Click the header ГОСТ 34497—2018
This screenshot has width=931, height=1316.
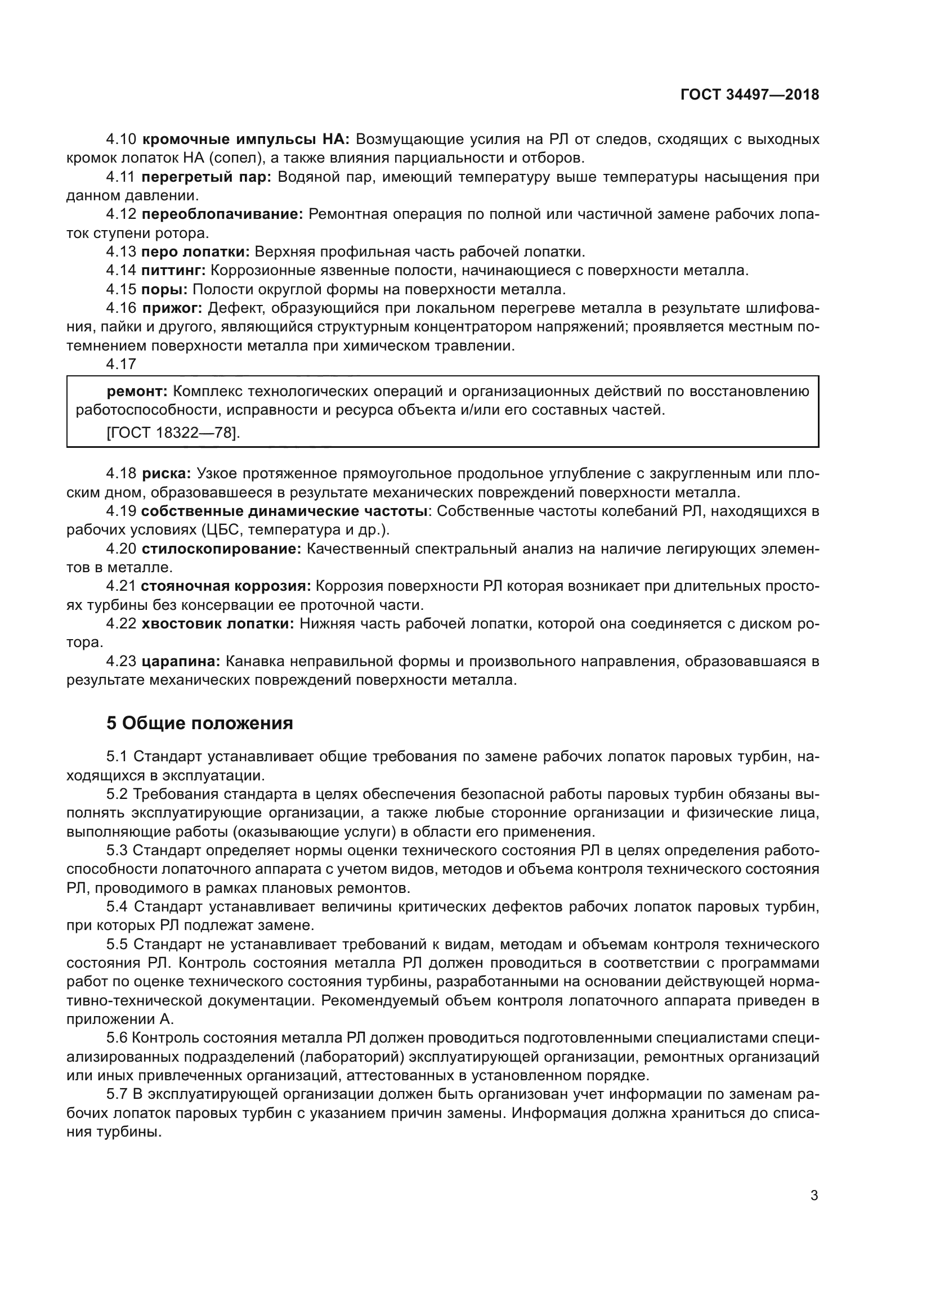pyautogui.click(x=749, y=95)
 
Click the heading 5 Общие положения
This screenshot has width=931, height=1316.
pyautogui.click(x=199, y=724)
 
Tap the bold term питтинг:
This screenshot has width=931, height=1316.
pyautogui.click(x=173, y=271)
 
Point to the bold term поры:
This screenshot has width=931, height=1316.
pyautogui.click(x=164, y=289)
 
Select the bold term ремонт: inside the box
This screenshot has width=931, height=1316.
pyautogui.click(x=137, y=392)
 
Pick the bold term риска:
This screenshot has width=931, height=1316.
pyautogui.click(x=166, y=474)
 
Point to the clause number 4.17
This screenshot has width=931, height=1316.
pyautogui.click(x=121, y=364)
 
